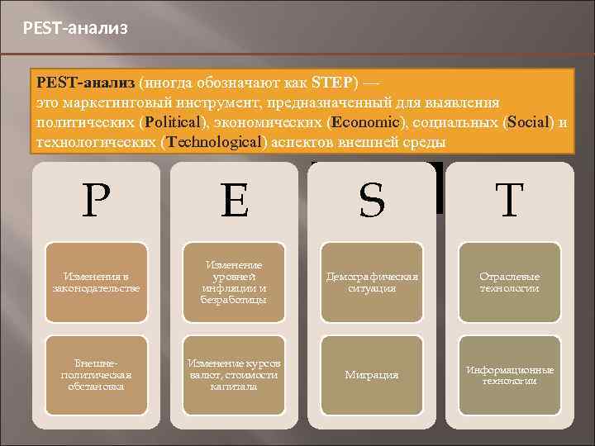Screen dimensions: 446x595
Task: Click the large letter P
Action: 97,201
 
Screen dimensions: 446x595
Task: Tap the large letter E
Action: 235,201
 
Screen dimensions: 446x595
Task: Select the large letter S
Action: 373,201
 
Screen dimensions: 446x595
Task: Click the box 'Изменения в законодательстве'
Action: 97,282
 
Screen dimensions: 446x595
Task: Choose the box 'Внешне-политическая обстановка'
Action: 97,375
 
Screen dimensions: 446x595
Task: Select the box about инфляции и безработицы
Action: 235,282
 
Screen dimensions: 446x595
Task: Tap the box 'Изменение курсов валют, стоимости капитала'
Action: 235,375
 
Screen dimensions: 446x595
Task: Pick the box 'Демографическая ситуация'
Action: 373,282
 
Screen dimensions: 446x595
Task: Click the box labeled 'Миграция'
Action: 373,375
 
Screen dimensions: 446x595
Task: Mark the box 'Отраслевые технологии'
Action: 511,282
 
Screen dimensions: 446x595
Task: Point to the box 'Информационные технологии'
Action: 511,375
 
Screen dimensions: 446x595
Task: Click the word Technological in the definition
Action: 214,142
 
